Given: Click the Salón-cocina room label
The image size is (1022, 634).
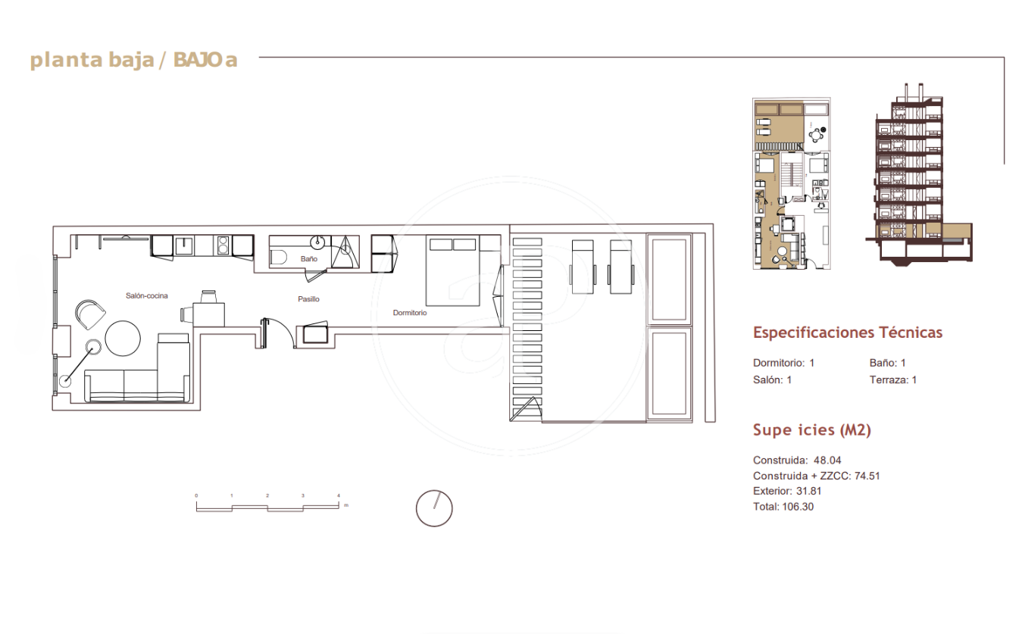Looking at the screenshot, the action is click(146, 295).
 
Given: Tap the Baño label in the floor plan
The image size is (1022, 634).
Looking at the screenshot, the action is click(309, 258).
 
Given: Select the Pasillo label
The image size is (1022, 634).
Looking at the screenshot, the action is click(308, 299).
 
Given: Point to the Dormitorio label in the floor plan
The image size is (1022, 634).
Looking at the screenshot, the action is click(410, 312).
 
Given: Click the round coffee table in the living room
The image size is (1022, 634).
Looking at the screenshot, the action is click(123, 339).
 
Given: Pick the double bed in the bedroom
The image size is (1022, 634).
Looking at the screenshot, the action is click(452, 270).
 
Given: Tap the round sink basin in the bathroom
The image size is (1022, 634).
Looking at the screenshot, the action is click(317, 242).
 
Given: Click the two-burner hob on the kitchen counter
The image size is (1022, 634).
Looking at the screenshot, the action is click(223, 245).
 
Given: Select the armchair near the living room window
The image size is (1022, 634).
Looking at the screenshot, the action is click(90, 313).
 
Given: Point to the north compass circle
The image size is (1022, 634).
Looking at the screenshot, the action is click(434, 508).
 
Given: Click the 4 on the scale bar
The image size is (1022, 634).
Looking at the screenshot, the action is click(339, 495).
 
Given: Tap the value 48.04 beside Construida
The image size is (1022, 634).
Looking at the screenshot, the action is click(827, 461).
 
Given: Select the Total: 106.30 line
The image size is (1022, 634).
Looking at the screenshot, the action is click(783, 507).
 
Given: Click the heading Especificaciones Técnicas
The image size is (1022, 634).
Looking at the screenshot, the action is click(848, 333).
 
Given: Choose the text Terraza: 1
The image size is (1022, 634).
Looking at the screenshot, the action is click(893, 380).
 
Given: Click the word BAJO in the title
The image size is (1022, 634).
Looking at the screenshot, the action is click(198, 60).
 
